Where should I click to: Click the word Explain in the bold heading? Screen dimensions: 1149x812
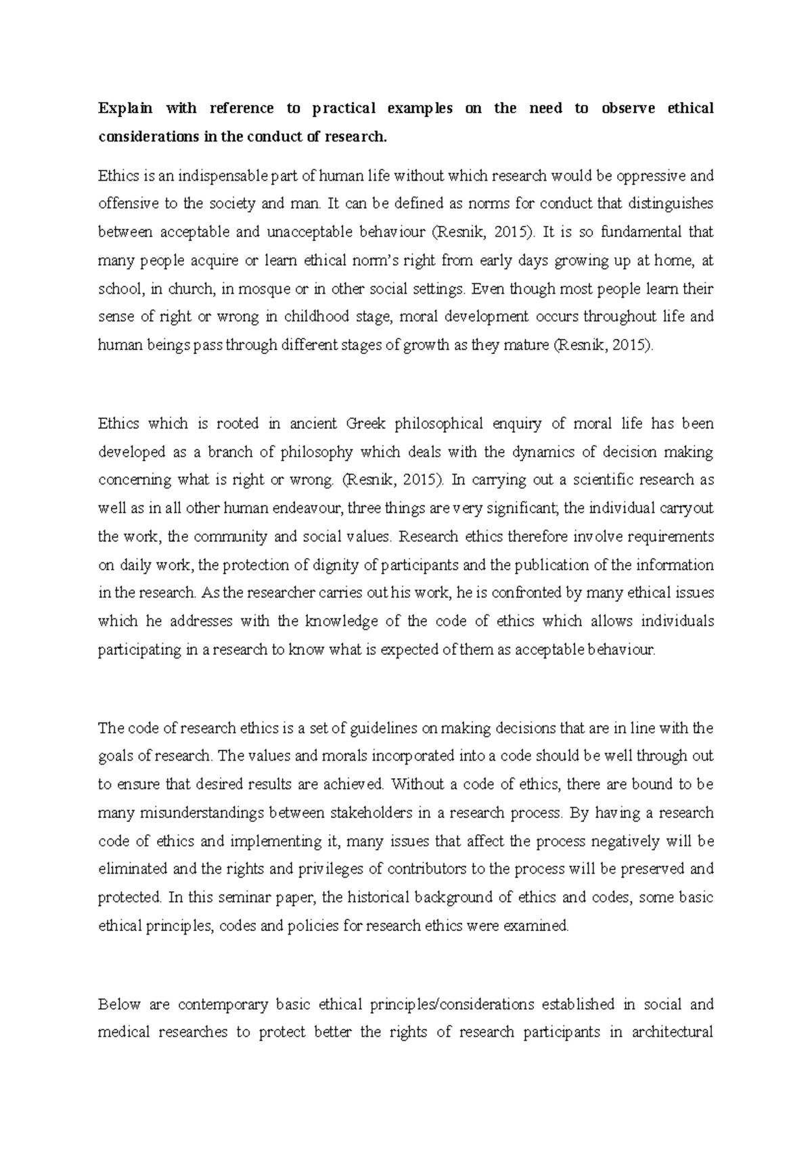coord(126,109)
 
